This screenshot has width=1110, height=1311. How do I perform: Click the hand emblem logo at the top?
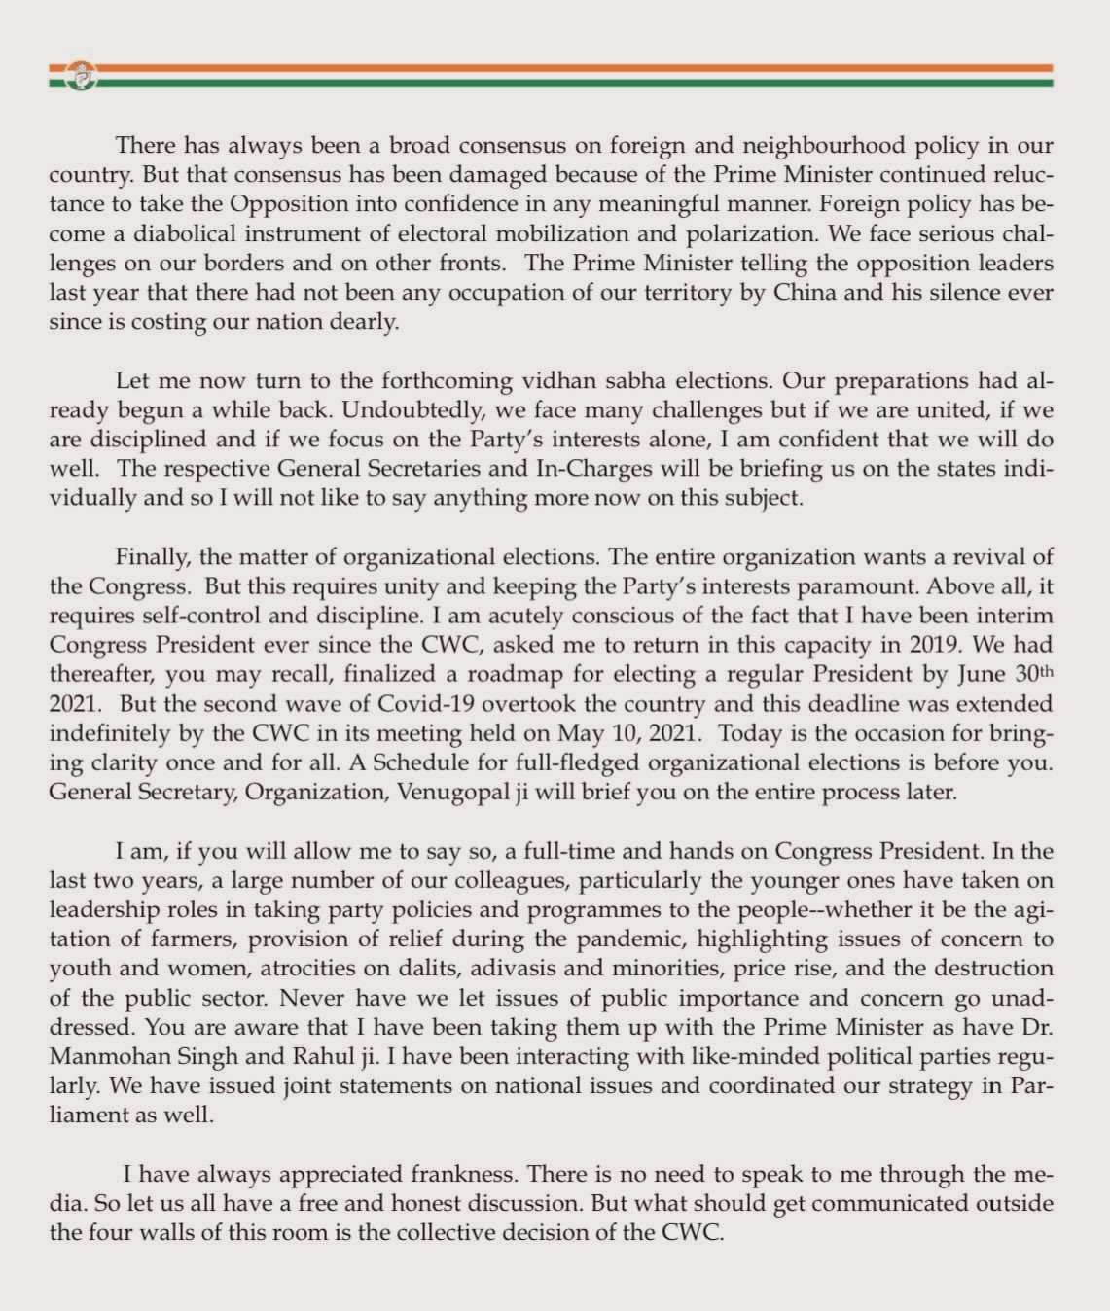coord(81,75)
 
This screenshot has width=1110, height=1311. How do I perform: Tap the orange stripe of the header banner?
coord(584,68)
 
